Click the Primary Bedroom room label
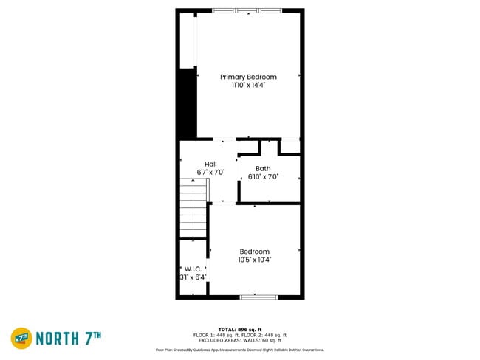click(248, 77)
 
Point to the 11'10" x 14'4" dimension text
click(248, 85)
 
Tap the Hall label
click(210, 164)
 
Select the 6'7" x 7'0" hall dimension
click(210, 172)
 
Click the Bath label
click(263, 168)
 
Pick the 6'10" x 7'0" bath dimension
click(263, 176)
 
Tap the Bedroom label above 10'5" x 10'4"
click(254, 252)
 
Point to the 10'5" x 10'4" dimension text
click(254, 260)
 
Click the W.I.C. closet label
click(193, 269)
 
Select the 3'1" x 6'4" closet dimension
click(193, 277)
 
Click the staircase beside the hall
click(194, 210)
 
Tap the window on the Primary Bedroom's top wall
click(247, 10)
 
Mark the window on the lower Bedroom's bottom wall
click(258, 297)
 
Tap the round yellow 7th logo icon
click(21, 339)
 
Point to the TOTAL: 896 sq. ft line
click(239, 329)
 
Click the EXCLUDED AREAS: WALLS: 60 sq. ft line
click(239, 341)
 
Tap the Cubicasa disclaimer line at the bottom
click(239, 350)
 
